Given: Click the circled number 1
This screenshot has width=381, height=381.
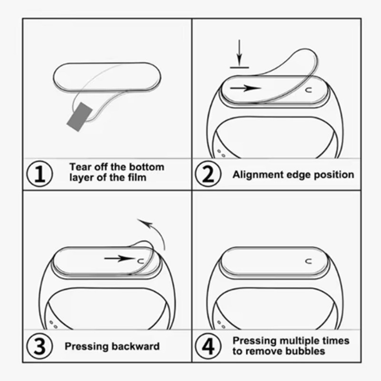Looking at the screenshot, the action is (40, 174).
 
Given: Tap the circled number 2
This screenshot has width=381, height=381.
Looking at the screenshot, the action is (208, 174).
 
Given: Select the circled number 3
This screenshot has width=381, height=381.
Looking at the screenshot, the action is (40, 346).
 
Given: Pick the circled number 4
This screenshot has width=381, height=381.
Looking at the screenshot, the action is (208, 346).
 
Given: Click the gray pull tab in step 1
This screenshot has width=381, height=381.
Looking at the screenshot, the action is (80, 117).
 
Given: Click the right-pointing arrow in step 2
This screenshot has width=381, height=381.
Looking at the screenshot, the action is (245, 88).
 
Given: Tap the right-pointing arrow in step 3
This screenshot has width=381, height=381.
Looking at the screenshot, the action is (120, 258).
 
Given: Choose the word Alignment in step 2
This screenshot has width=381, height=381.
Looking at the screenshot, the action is (258, 175).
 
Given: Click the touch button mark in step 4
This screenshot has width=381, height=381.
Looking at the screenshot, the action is (308, 261).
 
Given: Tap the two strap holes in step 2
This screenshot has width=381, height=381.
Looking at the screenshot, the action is (221, 153).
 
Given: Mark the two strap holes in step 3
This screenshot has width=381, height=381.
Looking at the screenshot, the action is (53, 325).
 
